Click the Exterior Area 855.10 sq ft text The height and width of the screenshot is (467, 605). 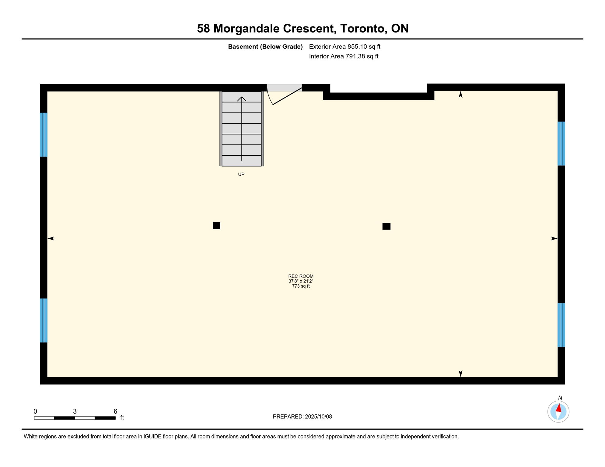click(x=344, y=47)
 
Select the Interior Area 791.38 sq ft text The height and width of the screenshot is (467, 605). click(x=344, y=56)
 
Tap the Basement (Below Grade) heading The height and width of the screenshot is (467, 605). click(x=265, y=47)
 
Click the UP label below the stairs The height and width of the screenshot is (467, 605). click(x=241, y=174)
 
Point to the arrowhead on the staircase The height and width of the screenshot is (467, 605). click(x=242, y=99)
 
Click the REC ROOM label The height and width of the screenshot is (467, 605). click(x=301, y=276)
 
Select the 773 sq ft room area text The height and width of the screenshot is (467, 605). click(x=301, y=286)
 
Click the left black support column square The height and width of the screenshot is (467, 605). click(x=216, y=225)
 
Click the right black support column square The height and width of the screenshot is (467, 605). click(x=386, y=226)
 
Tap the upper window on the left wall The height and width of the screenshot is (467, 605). click(x=44, y=135)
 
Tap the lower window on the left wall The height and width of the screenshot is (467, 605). click(x=44, y=320)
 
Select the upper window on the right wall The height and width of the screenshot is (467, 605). click(x=561, y=144)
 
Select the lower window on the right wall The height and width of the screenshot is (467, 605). click(x=561, y=325)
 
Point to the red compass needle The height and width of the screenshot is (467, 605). click(x=558, y=408)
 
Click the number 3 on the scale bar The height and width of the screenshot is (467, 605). click(x=75, y=411)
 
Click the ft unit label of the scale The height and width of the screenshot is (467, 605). click(x=122, y=418)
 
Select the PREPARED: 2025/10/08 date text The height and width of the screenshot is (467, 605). click(x=302, y=417)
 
